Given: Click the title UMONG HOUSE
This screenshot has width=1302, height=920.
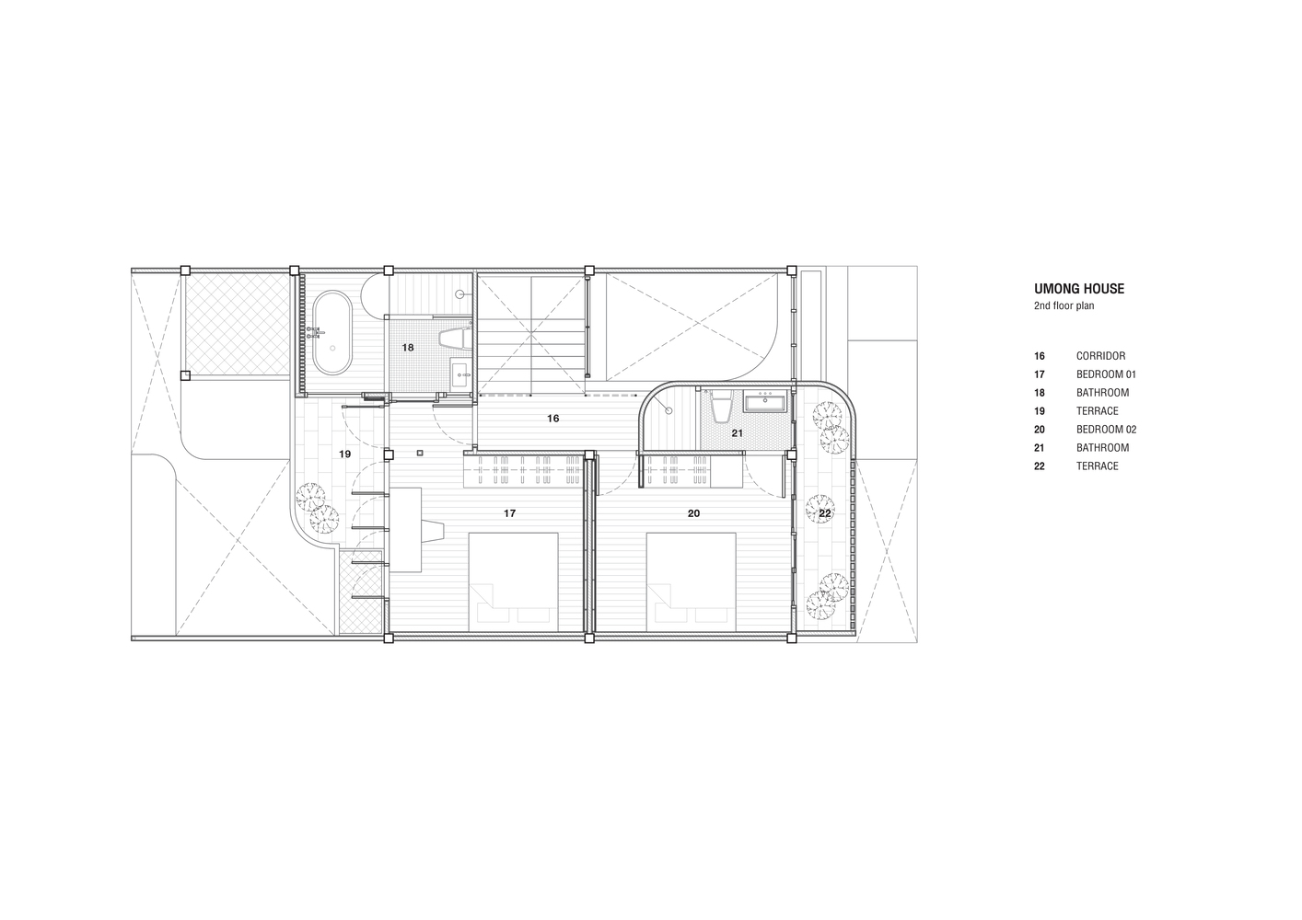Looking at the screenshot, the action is (x=1079, y=289).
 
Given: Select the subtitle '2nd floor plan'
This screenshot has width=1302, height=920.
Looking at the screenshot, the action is (x=1064, y=305).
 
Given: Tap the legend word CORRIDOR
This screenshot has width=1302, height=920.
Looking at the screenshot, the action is (x=1101, y=356).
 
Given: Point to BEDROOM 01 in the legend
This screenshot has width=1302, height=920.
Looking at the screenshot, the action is (x=1106, y=374).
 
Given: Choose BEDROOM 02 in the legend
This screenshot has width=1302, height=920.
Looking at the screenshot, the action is (x=1106, y=430).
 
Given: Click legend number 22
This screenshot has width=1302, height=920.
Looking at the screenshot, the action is (x=1040, y=466).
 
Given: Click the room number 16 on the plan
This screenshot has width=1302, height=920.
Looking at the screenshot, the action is (x=552, y=419).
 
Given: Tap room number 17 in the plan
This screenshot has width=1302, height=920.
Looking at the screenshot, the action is (x=509, y=513).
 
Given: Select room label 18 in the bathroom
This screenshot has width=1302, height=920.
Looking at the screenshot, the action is (x=408, y=348).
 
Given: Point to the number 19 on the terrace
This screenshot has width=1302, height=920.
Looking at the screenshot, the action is (x=344, y=454).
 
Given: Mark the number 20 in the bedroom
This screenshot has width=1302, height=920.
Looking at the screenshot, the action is (x=693, y=513).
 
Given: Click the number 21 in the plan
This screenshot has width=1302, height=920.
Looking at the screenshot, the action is (x=737, y=433).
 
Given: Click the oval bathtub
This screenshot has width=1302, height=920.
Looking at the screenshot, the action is (x=332, y=332).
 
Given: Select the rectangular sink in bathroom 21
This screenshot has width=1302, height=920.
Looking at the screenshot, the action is (x=764, y=401).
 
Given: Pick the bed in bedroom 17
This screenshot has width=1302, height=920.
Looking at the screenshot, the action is (x=513, y=582).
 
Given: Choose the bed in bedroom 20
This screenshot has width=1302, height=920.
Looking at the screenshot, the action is (x=692, y=582).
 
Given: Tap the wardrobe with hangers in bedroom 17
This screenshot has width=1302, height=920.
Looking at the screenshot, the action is (x=523, y=470).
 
